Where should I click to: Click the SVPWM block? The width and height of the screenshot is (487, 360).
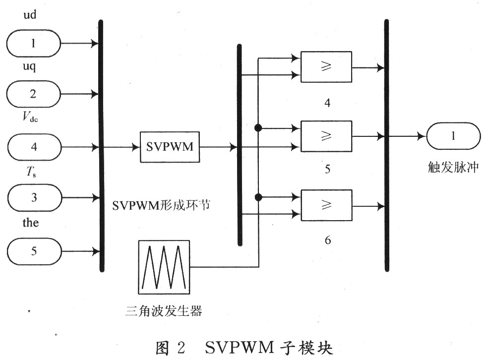tap(170, 147)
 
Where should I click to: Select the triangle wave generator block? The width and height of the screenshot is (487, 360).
tap(164, 267)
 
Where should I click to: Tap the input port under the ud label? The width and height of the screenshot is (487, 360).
tap(34, 43)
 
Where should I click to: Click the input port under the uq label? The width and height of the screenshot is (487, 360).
tap(34, 94)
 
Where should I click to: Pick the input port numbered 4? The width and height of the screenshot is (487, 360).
tap(34, 147)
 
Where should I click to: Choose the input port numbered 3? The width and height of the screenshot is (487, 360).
tap(34, 197)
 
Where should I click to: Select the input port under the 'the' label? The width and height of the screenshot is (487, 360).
tap(34, 251)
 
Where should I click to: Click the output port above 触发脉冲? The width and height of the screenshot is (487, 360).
tap(453, 136)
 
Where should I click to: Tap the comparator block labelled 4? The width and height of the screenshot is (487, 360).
tap(326, 67)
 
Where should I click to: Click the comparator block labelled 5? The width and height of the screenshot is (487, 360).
tap(326, 136)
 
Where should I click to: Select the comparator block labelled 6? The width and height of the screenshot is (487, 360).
tap(326, 205)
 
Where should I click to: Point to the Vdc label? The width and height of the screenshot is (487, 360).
tap(30, 117)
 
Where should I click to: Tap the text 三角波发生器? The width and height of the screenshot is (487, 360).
tap(164, 310)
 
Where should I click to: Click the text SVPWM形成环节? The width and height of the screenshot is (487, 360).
tap(161, 205)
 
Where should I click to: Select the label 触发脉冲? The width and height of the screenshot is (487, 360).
tap(453, 168)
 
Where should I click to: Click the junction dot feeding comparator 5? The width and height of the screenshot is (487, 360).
tap(258, 127)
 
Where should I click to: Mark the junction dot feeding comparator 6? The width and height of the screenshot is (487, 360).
tap(258, 197)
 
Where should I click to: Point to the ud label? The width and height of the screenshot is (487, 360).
tap(30, 14)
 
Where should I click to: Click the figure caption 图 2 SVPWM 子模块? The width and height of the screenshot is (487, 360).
tap(244, 348)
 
